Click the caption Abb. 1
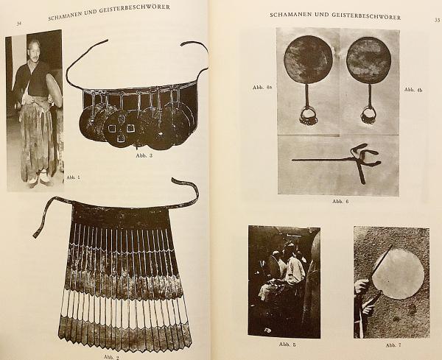click(73, 177)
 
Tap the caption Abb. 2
click(112, 357)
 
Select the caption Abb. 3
click(144, 155)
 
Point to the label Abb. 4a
click(262, 88)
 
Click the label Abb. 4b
click(413, 90)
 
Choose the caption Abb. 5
click(287, 345)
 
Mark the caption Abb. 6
click(340, 201)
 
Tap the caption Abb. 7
click(393, 345)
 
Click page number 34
click(19, 24)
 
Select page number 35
click(437, 20)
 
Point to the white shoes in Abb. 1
click(40, 177)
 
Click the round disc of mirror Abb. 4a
click(308, 60)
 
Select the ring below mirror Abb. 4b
click(368, 116)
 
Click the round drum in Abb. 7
click(398, 274)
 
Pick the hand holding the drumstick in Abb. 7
click(362, 286)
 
